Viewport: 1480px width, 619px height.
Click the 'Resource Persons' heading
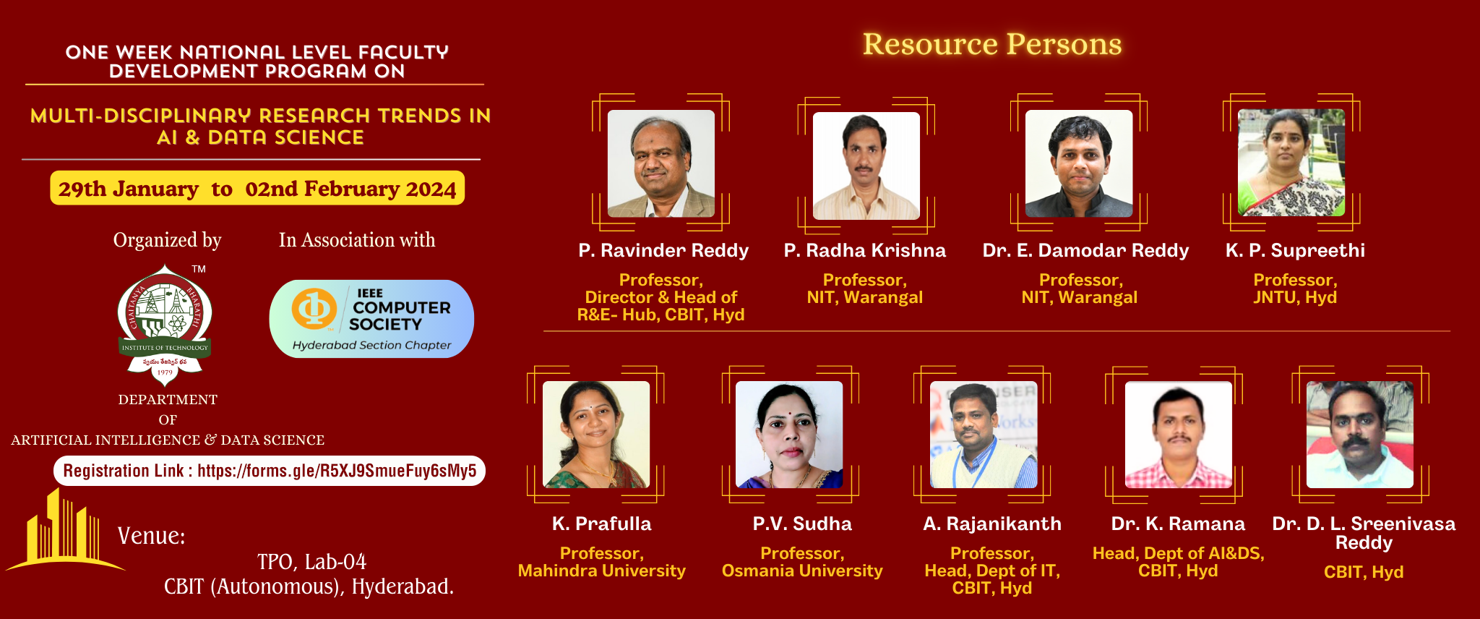coord(992,45)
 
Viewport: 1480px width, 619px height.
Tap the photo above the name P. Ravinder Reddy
coord(661,163)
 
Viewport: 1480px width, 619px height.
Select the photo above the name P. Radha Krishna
coord(866,166)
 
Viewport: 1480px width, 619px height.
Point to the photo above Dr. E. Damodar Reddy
coord(1079,163)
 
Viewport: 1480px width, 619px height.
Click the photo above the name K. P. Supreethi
coord(1291,163)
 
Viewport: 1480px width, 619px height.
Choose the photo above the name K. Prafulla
coord(596,435)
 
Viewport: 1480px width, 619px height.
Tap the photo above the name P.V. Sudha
coord(789,435)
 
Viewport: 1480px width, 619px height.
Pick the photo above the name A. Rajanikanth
coord(984,435)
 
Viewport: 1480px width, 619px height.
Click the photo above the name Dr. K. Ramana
coord(1179,435)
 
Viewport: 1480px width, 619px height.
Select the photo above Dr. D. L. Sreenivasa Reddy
coord(1360,435)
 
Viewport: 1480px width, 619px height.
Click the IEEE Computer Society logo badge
coord(371,319)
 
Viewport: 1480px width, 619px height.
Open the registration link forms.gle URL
coord(337,471)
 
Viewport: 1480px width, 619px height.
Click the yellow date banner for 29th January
coord(257,188)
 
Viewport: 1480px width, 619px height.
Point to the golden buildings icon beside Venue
coord(65,529)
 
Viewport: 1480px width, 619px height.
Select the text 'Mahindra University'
coord(602,571)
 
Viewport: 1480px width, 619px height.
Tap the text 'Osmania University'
coord(802,571)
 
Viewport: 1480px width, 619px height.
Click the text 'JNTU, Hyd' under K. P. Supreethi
coord(1295,297)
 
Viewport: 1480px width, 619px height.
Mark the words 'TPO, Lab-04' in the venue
coord(312,562)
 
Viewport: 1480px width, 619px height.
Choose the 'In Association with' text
coord(357,240)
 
